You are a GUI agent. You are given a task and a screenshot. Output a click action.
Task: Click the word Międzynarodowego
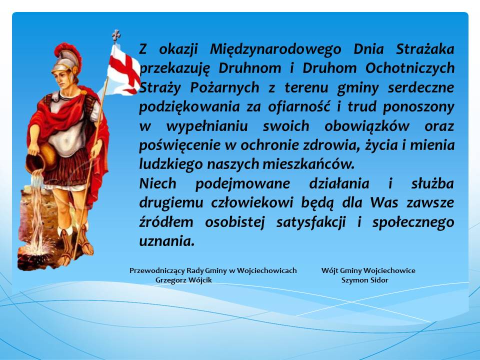(275, 49)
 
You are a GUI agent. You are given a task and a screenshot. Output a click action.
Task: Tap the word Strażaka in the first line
(425, 49)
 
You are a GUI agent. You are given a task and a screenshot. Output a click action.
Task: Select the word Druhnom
(249, 68)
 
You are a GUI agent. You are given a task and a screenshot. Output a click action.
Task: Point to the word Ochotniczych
(410, 68)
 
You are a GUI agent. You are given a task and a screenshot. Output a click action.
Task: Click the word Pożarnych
(224, 88)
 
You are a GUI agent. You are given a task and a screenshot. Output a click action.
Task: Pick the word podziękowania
(189, 107)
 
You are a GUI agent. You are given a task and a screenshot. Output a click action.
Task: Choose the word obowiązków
(366, 126)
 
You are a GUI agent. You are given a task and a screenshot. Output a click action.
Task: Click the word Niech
(157, 183)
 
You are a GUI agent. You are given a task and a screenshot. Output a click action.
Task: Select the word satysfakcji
(311, 222)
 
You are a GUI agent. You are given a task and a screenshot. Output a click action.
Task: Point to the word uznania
(167, 241)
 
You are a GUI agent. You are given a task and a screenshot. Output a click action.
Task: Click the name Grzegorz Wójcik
(183, 280)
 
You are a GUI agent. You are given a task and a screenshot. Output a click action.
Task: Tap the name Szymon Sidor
(364, 280)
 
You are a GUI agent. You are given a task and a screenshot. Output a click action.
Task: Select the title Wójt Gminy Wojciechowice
(368, 270)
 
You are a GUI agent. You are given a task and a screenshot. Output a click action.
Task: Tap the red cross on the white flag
(125, 69)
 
